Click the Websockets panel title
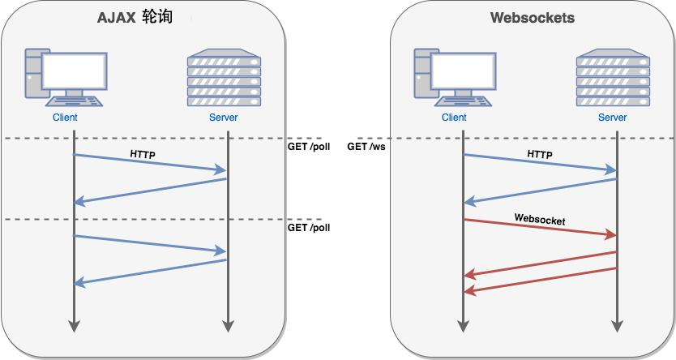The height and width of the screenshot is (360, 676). pyautogui.click(x=533, y=18)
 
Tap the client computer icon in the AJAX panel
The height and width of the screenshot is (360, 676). pyautogui.click(x=65, y=78)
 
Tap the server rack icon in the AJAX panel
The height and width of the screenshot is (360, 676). pyautogui.click(x=224, y=79)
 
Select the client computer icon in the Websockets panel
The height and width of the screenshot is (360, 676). pyautogui.click(x=454, y=78)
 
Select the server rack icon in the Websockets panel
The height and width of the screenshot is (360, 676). pyautogui.click(x=613, y=79)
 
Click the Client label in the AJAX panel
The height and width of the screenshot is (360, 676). pyautogui.click(x=65, y=118)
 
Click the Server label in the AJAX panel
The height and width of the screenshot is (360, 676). pyautogui.click(x=224, y=118)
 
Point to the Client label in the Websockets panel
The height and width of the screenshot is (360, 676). pyautogui.click(x=454, y=118)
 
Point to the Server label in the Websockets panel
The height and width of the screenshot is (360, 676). pyautogui.click(x=613, y=118)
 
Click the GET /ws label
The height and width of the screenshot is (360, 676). pyautogui.click(x=365, y=147)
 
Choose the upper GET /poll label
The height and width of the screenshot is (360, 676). pyautogui.click(x=309, y=147)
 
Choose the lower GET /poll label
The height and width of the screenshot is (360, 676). pyautogui.click(x=309, y=228)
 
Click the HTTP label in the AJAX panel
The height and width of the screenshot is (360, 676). pyautogui.click(x=143, y=153)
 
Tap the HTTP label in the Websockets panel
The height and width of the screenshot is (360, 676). pyautogui.click(x=540, y=154)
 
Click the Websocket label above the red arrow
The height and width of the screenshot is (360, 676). pyautogui.click(x=540, y=220)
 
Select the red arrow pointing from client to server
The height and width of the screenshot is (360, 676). pyautogui.click(x=540, y=228)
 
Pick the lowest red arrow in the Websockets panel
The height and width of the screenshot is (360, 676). pyautogui.click(x=540, y=280)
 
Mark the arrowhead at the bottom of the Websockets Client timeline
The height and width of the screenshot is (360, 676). pyautogui.click(x=463, y=326)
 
